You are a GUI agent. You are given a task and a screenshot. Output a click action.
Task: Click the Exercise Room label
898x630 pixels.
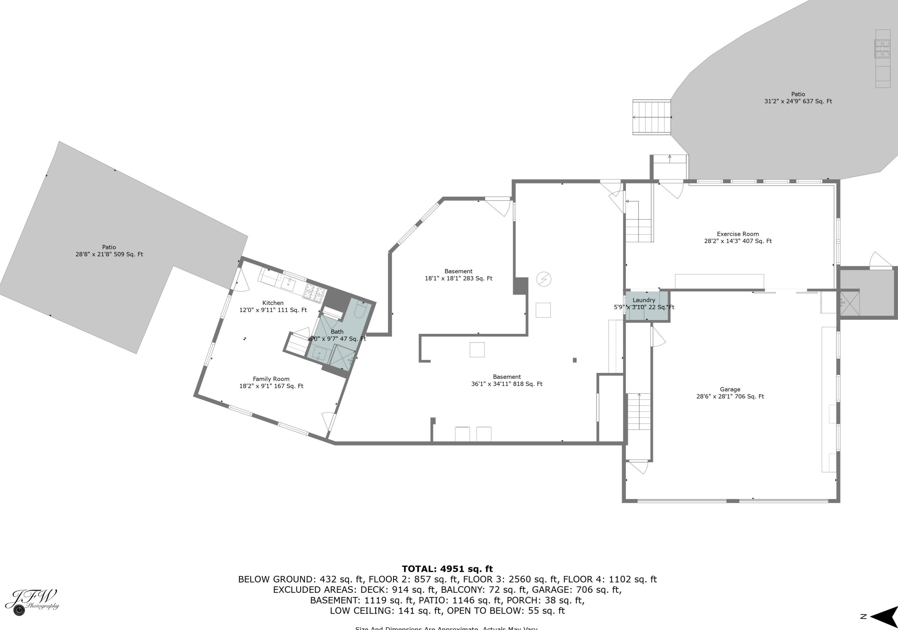coord(738,237)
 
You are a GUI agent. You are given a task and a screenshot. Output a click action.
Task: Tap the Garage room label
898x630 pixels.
coord(730,393)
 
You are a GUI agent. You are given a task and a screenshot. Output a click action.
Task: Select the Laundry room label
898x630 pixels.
coord(644,303)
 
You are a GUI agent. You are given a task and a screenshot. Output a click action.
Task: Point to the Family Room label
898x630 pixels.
coord(271,382)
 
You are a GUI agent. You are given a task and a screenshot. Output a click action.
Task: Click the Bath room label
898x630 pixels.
coord(337,335)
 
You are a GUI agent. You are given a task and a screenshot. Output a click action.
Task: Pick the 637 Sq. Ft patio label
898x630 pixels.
coord(798,97)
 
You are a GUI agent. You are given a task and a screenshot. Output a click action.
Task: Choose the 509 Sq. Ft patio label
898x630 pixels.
coord(109,250)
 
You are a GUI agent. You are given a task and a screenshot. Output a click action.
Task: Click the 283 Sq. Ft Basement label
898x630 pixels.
coord(458,275)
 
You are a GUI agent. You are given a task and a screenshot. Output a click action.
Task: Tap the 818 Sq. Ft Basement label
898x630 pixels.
coord(507,380)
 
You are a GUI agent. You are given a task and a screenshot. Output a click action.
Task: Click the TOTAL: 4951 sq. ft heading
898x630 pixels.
coord(447,569)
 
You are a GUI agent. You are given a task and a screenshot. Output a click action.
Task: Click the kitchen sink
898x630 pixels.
coord(289,283)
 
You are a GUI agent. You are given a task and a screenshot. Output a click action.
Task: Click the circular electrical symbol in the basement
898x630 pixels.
coord(544,279)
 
